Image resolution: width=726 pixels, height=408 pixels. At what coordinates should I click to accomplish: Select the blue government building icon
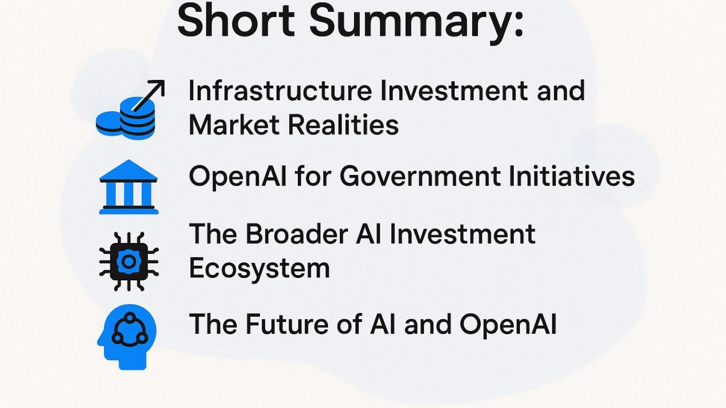129,187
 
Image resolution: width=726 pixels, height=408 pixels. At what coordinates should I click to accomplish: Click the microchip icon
129,261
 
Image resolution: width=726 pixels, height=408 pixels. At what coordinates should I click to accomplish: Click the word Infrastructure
279,91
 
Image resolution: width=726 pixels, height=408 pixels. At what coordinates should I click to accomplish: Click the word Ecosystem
259,268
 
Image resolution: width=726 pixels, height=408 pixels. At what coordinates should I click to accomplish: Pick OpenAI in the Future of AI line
508,324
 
